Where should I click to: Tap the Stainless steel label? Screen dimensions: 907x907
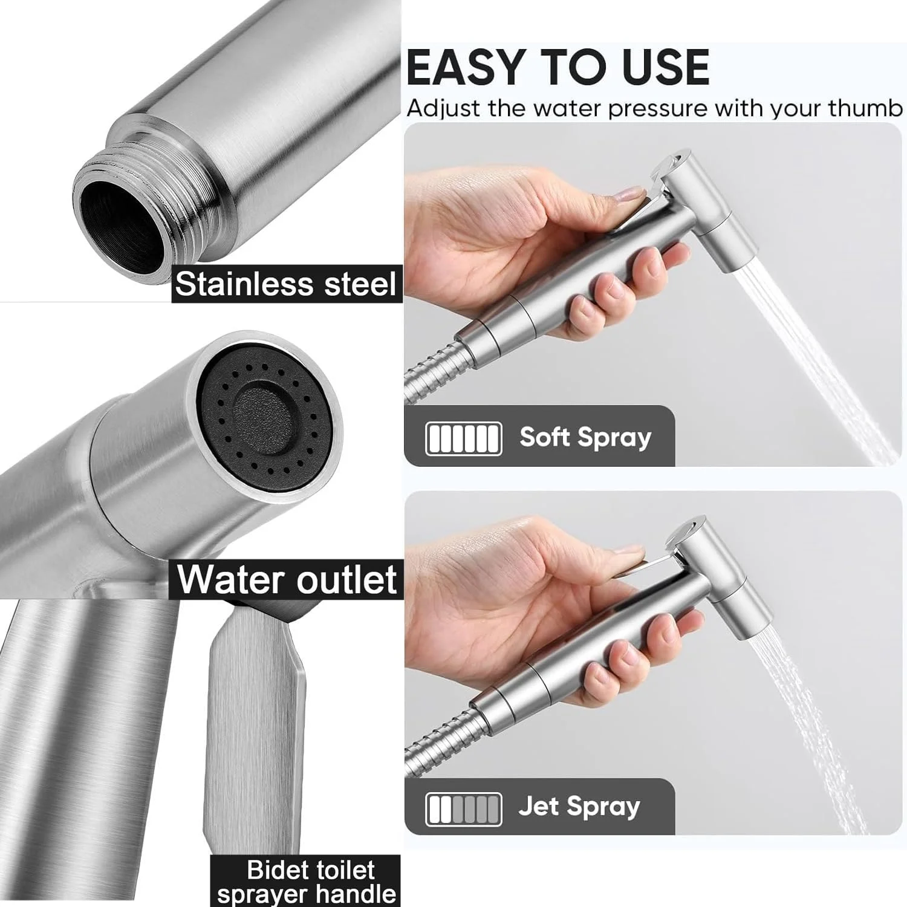(285, 284)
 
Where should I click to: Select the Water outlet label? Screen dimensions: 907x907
(287, 579)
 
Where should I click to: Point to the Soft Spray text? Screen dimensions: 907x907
(585, 437)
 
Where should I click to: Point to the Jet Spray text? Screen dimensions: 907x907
(579, 806)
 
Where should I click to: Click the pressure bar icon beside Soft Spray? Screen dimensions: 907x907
(464, 438)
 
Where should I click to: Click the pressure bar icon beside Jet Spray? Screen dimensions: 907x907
(464, 809)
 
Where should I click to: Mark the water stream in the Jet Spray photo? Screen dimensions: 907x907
(792, 726)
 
